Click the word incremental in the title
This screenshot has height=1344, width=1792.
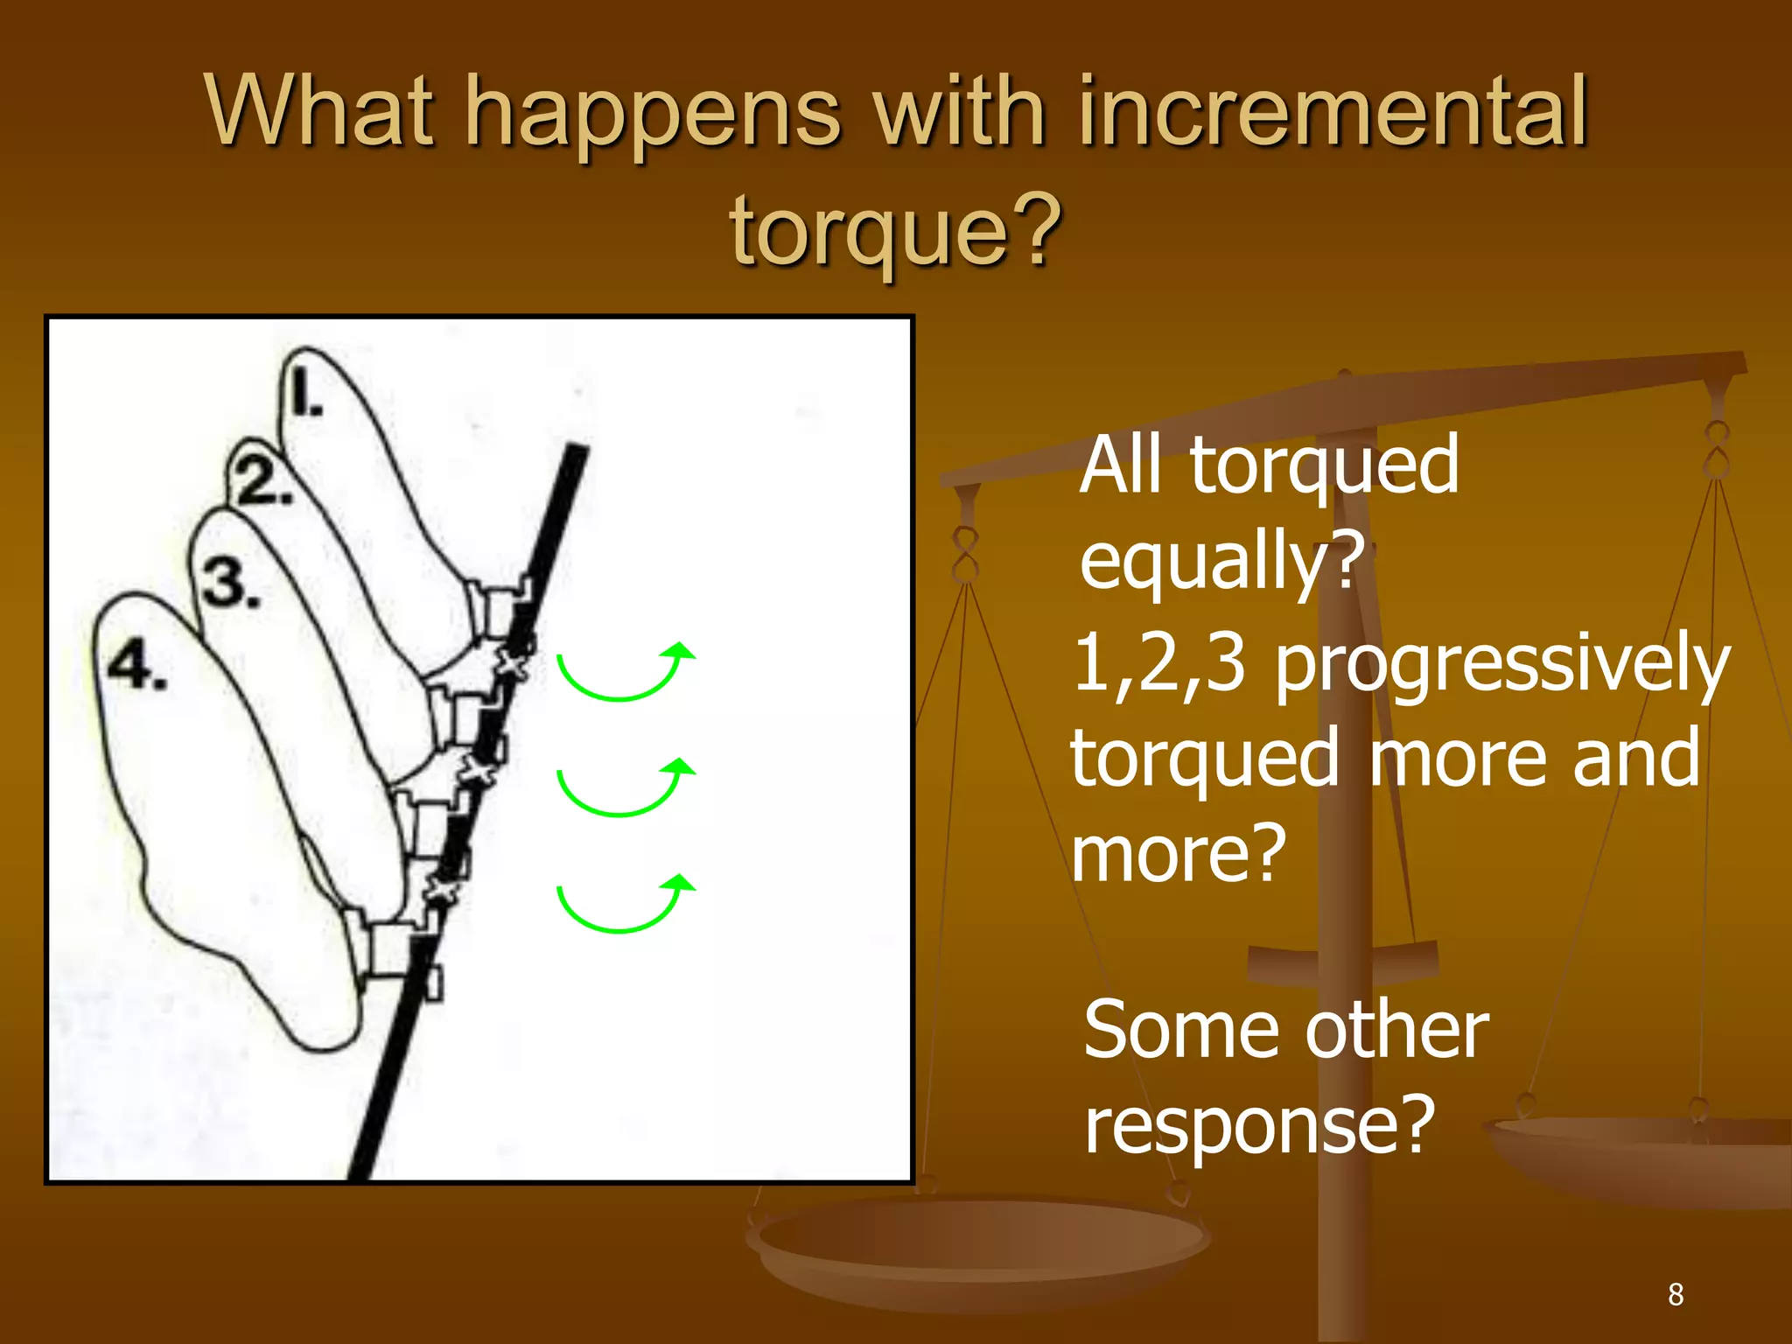pos(1333,112)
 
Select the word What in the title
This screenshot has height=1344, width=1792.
pos(320,112)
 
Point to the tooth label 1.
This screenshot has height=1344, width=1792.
pos(306,393)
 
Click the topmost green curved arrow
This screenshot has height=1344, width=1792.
pos(625,672)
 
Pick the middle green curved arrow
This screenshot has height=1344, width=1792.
pos(625,787)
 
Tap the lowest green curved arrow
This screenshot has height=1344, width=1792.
pos(625,903)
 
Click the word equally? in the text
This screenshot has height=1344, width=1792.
pos(1221,562)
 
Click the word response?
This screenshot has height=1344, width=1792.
pos(1259,1125)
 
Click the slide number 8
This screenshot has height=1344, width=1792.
pos(1675,1294)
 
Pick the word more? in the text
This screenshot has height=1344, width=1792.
pos(1178,854)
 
